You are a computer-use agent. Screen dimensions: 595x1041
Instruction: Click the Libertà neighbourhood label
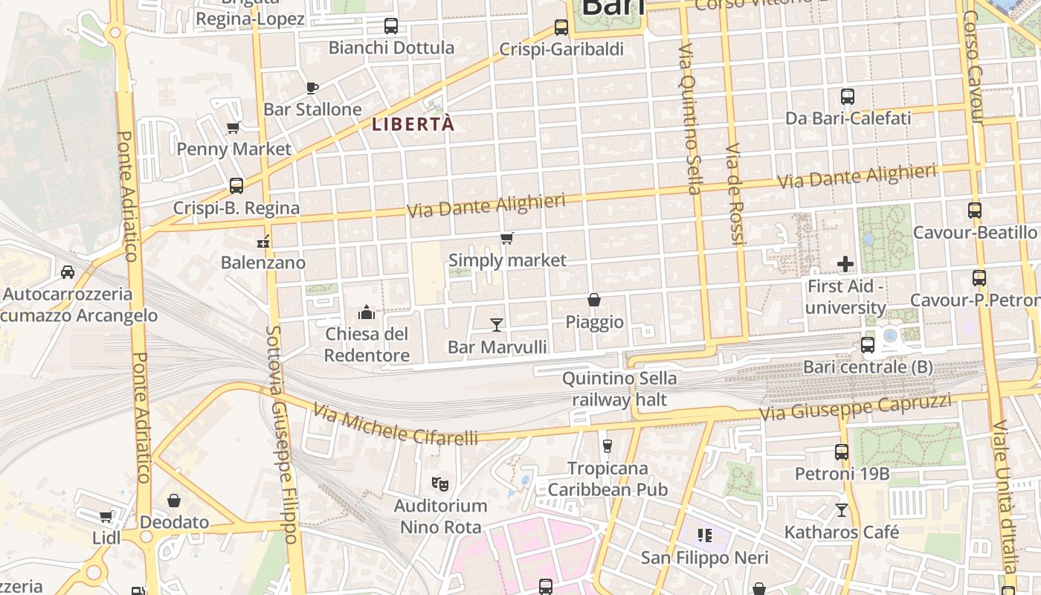coord(413,125)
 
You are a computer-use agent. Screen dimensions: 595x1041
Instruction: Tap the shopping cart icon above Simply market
coord(507,239)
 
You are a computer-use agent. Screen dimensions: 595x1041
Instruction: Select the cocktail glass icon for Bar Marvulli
coord(497,324)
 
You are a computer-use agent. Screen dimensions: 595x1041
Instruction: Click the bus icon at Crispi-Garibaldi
coord(561,28)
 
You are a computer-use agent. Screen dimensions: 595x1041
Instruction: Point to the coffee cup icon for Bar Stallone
coord(312,88)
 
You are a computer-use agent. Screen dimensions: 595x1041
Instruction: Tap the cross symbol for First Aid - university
coord(845,263)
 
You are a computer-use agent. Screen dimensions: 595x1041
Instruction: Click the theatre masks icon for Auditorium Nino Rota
coord(440,483)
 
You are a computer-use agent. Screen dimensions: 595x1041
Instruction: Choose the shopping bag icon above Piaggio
coord(594,300)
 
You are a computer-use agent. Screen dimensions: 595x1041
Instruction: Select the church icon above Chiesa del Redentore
coord(366,312)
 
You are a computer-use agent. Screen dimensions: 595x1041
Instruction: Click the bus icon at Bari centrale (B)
coord(868,344)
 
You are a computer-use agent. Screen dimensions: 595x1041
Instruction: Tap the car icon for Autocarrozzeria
coord(68,271)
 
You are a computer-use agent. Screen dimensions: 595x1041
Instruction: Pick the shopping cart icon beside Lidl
coord(106,516)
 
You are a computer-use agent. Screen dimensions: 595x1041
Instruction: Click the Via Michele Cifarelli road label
coord(395,425)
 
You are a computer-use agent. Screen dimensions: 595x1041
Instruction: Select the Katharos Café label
coord(842,533)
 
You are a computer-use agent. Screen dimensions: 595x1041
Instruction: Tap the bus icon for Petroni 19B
coord(842,451)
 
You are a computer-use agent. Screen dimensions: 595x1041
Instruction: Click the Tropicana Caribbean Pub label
coord(607,479)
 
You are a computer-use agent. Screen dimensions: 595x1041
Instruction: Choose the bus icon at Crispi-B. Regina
coord(236,185)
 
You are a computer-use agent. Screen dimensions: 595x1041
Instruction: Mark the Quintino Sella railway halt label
coord(619,389)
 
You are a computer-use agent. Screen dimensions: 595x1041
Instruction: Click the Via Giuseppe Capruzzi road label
coord(855,407)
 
